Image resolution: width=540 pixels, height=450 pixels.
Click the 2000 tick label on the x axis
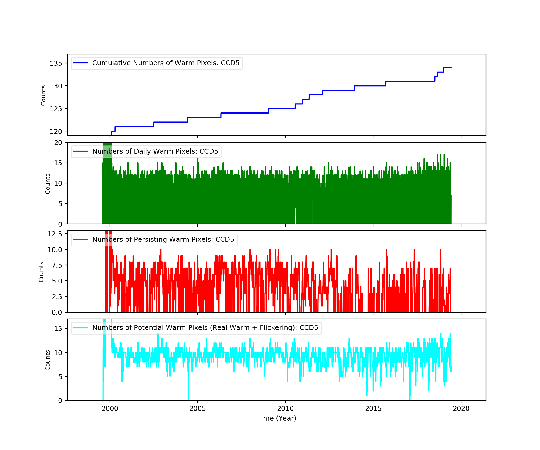click(110, 408)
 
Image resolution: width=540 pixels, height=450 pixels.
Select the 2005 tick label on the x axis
click(198, 408)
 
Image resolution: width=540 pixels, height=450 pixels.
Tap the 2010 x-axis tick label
click(285, 408)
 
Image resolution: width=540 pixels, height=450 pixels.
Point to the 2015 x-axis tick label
click(373, 408)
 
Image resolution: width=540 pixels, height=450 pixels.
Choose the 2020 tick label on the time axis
click(461, 408)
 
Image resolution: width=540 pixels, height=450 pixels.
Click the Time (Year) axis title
click(276, 418)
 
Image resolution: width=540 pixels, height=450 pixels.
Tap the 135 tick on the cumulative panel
click(56, 63)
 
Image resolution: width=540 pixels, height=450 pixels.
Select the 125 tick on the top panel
click(56, 109)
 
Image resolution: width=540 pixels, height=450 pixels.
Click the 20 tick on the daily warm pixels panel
click(58, 143)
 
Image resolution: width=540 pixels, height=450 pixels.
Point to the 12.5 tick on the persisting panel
click(55, 234)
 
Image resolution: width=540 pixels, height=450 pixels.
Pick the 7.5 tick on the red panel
click(57, 265)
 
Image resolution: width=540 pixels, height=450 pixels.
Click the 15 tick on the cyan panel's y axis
click(58, 329)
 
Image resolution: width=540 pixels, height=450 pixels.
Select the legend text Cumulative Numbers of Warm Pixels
click(166, 63)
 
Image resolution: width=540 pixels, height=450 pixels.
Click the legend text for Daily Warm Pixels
click(155, 151)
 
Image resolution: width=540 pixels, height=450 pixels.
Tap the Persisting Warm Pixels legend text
click(163, 240)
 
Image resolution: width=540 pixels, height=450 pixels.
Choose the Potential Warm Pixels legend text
click(205, 328)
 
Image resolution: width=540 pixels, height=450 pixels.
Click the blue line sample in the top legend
click(80, 63)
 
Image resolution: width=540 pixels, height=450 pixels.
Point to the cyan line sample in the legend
click(80, 328)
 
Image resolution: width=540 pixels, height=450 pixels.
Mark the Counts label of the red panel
click(41, 272)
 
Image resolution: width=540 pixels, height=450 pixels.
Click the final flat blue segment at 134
click(447, 68)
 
